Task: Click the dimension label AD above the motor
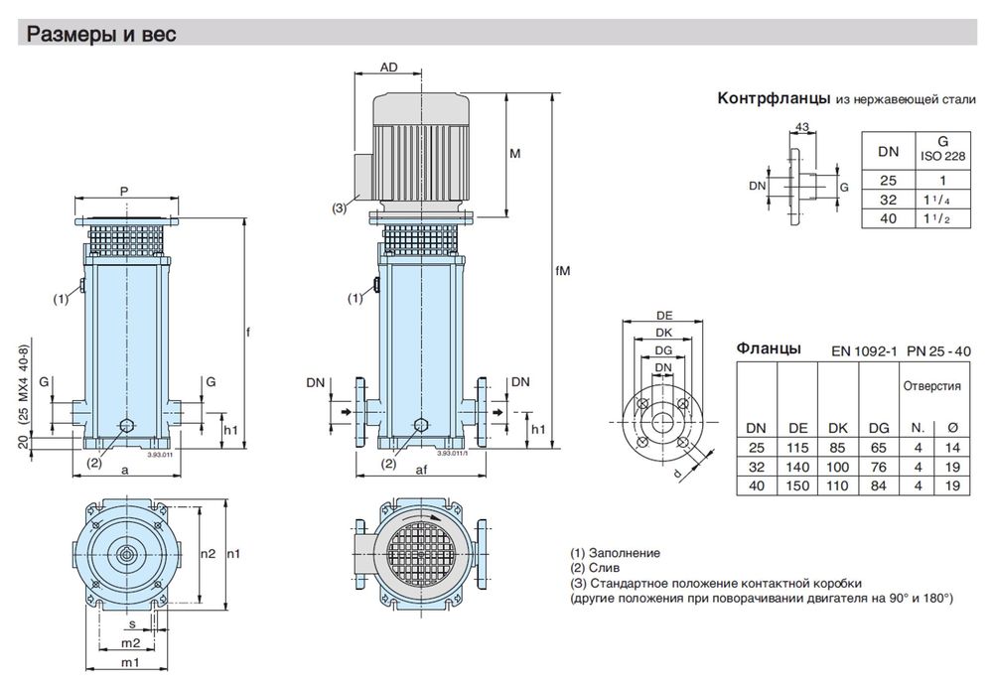click(389, 68)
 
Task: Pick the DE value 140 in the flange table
click(797, 466)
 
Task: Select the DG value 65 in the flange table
click(877, 447)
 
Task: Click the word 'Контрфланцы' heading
click(774, 99)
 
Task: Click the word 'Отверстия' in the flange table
click(929, 386)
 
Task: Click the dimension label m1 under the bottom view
click(129, 662)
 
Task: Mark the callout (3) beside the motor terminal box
click(340, 208)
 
